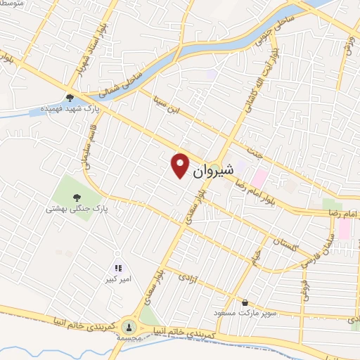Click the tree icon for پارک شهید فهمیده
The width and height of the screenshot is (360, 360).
(69, 98)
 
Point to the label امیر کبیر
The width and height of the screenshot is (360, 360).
(117, 279)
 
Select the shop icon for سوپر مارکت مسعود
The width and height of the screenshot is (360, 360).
(244, 303)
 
